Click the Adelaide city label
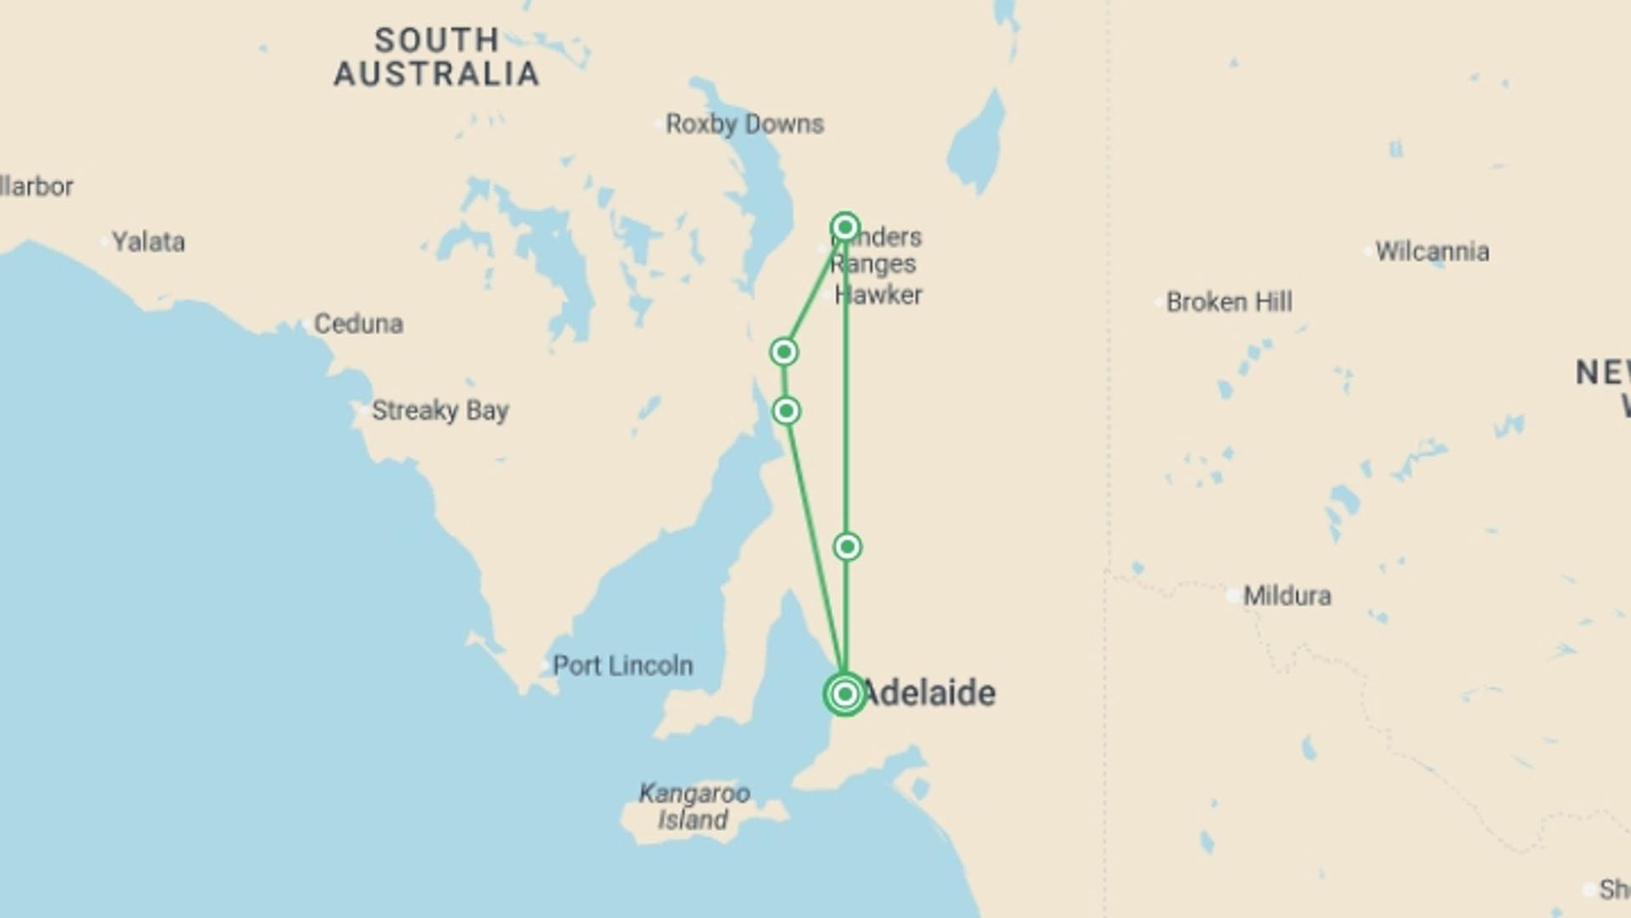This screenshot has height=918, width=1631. (x=928, y=693)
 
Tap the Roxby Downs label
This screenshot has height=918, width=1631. (x=744, y=124)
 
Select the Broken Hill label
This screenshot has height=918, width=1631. (x=1229, y=302)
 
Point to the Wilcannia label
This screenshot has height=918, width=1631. (x=1432, y=252)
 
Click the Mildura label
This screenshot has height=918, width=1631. (x=1287, y=596)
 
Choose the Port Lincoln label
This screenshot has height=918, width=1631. (x=623, y=666)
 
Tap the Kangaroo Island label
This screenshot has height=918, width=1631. (x=694, y=807)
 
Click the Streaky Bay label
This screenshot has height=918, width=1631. (x=440, y=411)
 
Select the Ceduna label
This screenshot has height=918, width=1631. (x=358, y=324)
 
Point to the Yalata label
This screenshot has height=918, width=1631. (x=149, y=242)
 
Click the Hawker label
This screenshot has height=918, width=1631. (x=878, y=296)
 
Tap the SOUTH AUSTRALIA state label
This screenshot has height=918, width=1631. (x=437, y=57)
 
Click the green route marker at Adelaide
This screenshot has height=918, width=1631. (x=844, y=694)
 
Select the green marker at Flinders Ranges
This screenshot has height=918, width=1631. (x=845, y=227)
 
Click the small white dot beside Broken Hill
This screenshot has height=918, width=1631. (x=1158, y=303)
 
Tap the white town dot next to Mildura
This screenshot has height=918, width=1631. (x=1233, y=597)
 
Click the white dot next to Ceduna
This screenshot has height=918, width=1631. (x=305, y=324)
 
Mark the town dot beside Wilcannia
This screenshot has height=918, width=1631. (x=1368, y=252)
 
